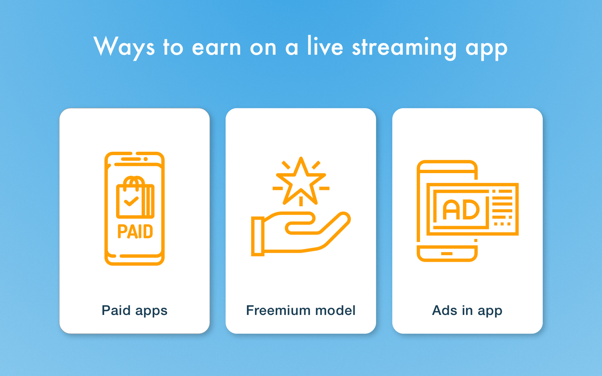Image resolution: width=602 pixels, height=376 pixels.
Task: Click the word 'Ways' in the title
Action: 124,47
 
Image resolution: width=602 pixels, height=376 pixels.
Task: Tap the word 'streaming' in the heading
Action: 404,47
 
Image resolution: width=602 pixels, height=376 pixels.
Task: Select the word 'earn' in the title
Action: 216,48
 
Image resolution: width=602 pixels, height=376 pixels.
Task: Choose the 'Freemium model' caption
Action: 301,310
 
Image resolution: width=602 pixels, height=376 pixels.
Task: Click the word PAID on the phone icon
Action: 135,231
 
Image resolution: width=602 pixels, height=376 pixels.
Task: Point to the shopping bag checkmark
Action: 131,201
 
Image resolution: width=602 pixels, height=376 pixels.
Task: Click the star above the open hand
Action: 301,181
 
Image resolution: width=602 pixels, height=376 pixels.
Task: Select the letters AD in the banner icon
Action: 461,210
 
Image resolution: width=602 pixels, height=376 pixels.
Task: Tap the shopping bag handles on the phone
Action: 134,183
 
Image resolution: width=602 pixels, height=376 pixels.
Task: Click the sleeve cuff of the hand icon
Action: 258,236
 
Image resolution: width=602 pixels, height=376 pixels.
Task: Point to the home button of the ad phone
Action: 447,254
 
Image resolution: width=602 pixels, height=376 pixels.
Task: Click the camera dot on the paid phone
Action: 146,159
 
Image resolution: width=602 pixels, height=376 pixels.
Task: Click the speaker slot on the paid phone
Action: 131,159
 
